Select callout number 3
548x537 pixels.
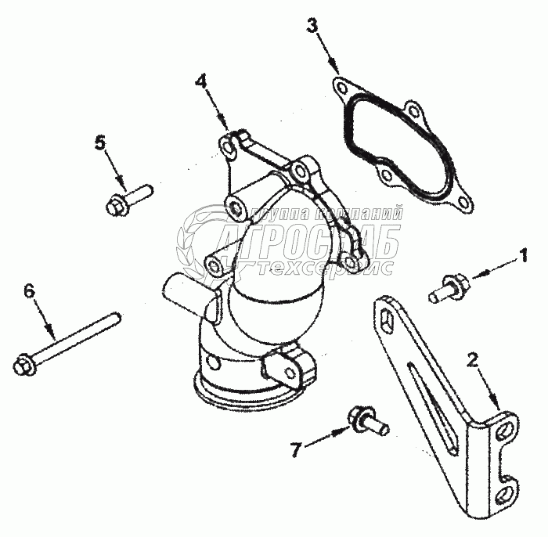[x=312, y=25]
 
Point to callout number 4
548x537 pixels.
[x=200, y=81]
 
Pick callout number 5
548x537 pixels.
[x=99, y=142]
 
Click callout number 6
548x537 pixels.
[x=30, y=291]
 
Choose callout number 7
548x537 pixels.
[x=295, y=449]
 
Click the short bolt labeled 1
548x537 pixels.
[x=446, y=288]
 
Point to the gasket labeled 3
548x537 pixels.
[x=399, y=145]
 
